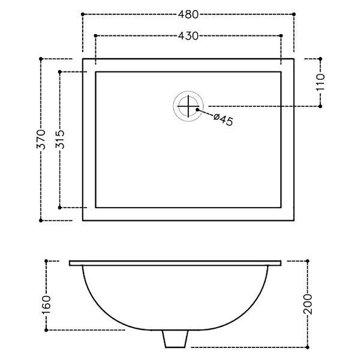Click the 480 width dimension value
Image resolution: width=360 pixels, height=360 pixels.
pyautogui.click(x=188, y=14)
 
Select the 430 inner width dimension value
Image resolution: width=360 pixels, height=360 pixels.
pyautogui.click(x=188, y=36)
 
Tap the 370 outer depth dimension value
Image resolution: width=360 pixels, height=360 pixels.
pyautogui.click(x=41, y=139)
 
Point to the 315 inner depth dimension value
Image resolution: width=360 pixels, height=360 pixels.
pyautogui.click(x=60, y=139)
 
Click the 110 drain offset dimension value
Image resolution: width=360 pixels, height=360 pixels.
pyautogui.click(x=321, y=82)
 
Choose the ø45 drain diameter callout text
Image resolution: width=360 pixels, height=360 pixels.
pyautogui.click(x=223, y=119)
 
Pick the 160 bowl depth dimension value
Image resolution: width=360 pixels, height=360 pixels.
pyautogui.click(x=46, y=305)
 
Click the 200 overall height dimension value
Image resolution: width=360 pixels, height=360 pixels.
pyautogui.click(x=308, y=304)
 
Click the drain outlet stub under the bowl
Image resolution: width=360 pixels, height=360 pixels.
pyautogui.click(x=175, y=338)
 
